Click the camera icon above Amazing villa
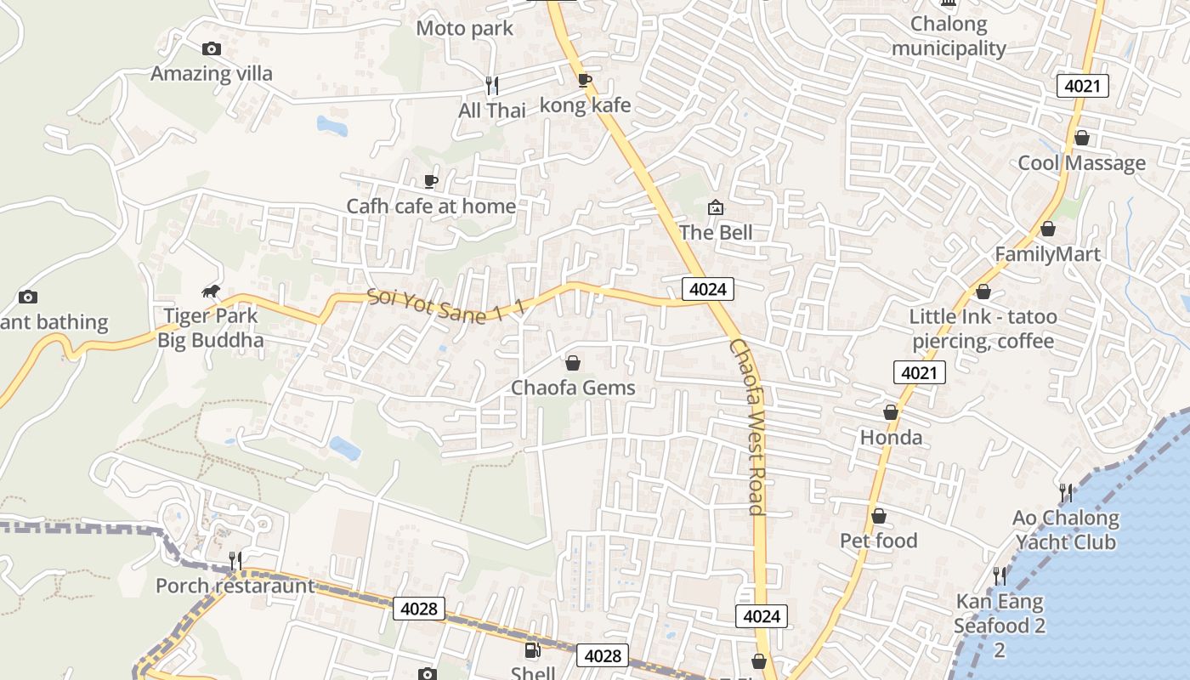[212, 49]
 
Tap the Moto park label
[464, 28]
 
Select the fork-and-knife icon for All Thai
[491, 85]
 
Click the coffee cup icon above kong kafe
[585, 80]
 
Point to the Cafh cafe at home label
[431, 206]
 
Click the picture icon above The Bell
[716, 207]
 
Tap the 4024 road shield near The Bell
[708, 289]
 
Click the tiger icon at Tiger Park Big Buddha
[211, 292]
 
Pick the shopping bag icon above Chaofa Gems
[573, 363]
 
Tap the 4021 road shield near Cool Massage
[1083, 86]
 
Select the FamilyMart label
[1047, 254]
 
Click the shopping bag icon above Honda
[891, 412]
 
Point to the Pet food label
[879, 541]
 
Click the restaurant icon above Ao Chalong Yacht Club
[1065, 492]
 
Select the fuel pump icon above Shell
[532, 651]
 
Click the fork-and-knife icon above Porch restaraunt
[235, 561]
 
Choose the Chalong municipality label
[949, 37]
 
